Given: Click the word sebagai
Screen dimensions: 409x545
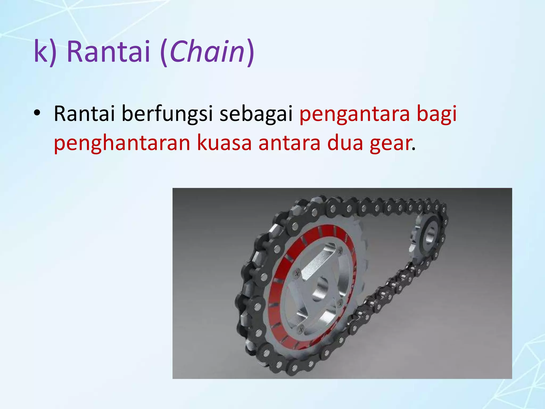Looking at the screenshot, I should (x=256, y=114).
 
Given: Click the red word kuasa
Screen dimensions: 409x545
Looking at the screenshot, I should (x=224, y=143).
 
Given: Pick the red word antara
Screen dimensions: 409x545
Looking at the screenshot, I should (x=290, y=143).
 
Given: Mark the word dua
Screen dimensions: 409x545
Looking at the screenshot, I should (x=345, y=143).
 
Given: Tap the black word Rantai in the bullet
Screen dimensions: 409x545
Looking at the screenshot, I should (x=84, y=114).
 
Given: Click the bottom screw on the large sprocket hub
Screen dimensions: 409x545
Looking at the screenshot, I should (x=301, y=330).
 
